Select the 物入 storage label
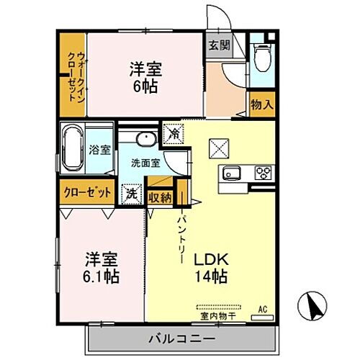[262, 105]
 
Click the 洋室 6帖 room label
[145, 77]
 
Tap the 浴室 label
[99, 151]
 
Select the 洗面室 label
[143, 163]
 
